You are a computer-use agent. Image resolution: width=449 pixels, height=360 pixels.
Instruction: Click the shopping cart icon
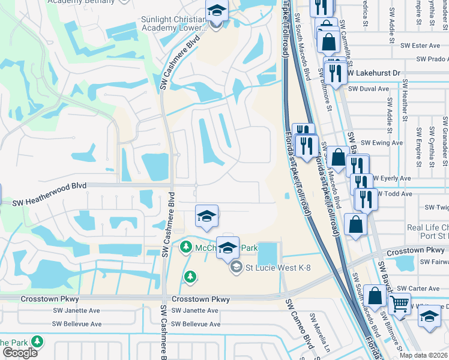[x=399, y=304]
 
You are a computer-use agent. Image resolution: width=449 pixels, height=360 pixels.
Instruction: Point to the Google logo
[x=20, y=352]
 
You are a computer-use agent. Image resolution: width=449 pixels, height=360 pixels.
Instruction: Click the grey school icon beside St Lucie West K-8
[x=237, y=267]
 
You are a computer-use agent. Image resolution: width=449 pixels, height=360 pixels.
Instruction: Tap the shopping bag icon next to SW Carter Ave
[x=375, y=296]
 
